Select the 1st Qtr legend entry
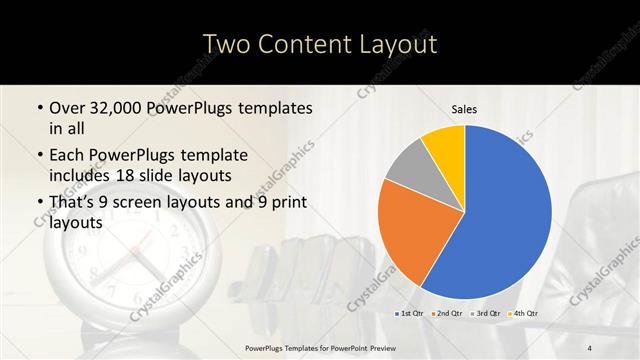pyautogui.click(x=409, y=314)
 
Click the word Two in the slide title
pyautogui.click(x=226, y=44)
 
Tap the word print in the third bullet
pyautogui.click(x=284, y=203)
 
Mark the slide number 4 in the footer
pyautogui.click(x=591, y=347)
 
